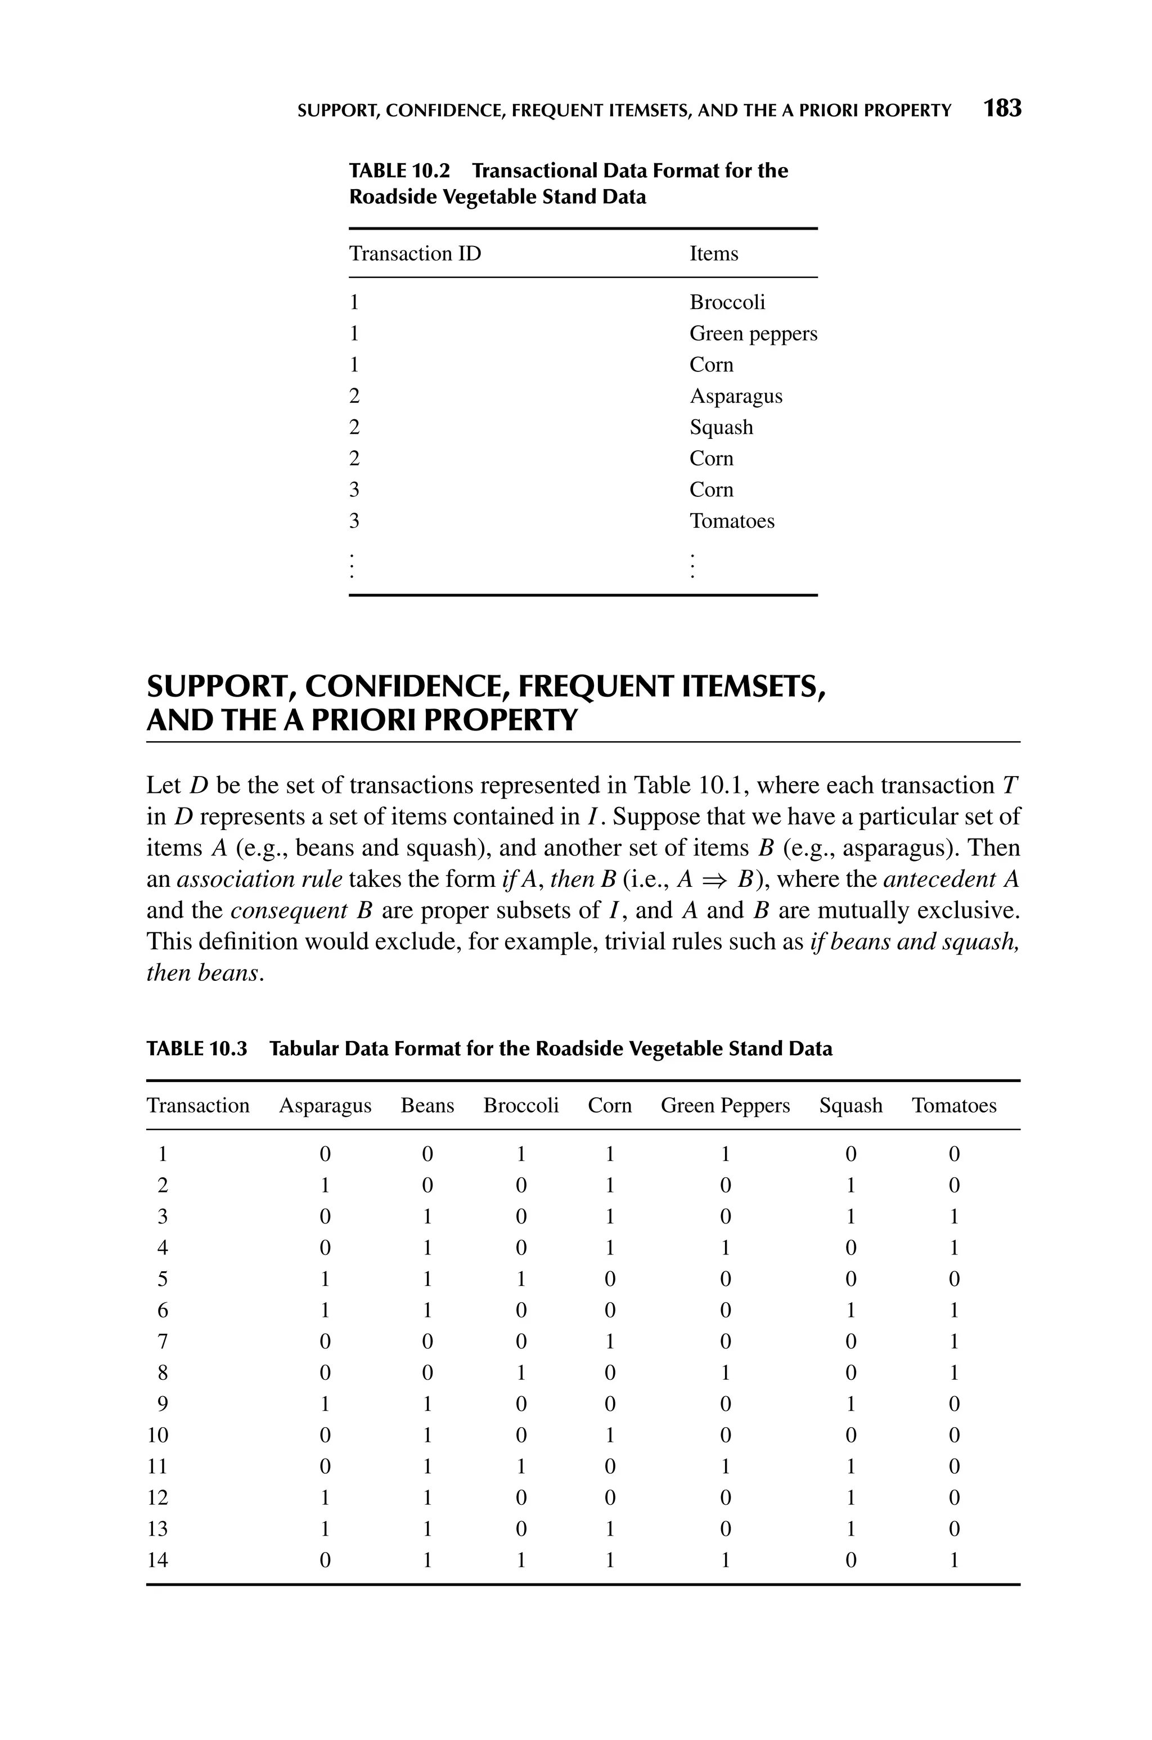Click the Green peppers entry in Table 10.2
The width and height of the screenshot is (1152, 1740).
point(753,334)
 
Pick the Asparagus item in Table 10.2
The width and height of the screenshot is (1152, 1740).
point(735,396)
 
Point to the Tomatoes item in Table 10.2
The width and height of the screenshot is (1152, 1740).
point(732,521)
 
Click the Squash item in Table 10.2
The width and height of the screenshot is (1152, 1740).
point(721,427)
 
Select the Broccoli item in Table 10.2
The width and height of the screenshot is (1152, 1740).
point(727,302)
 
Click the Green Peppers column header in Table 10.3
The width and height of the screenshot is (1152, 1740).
point(725,1106)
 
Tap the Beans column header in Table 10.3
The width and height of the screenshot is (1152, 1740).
point(427,1106)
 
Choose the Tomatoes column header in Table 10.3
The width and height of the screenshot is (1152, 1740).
point(953,1106)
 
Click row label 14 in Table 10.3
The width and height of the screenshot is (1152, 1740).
point(158,1560)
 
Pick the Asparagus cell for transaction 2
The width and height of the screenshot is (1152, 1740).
point(325,1186)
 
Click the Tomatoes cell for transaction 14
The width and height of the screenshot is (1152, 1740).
point(953,1560)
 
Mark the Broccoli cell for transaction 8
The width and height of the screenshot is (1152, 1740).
point(520,1373)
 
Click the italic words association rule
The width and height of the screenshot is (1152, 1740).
point(259,880)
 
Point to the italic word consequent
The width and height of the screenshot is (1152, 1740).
point(289,911)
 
